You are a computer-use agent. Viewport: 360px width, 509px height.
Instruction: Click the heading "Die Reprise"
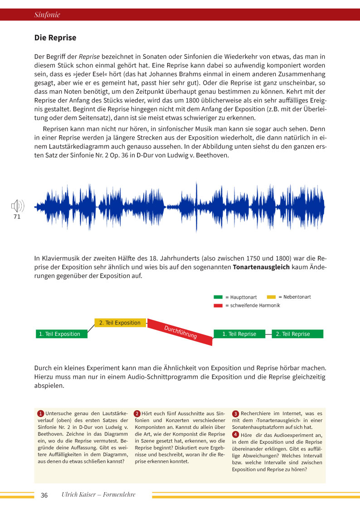[x=55, y=38]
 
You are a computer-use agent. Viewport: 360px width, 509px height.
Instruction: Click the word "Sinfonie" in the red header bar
[x=47, y=15]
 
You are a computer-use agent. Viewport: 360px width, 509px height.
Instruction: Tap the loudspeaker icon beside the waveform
[x=17, y=207]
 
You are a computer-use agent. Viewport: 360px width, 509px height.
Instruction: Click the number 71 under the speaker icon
[x=17, y=217]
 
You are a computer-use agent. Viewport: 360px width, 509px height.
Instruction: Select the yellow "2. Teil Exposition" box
[x=120, y=323]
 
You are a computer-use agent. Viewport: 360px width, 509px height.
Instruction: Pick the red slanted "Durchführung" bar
[x=180, y=332]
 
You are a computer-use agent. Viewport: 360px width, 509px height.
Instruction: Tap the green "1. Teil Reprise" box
[x=239, y=334]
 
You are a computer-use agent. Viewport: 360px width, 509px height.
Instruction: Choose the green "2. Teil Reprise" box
[x=297, y=334]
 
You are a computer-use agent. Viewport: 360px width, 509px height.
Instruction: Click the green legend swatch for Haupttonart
[x=218, y=297]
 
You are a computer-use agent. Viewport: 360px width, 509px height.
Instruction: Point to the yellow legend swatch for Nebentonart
[x=271, y=297]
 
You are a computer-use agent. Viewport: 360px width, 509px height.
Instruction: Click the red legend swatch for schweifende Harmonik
[x=218, y=305]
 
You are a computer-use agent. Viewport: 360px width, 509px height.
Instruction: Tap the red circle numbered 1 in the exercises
[x=40, y=414]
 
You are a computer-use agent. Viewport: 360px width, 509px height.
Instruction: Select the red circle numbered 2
[x=137, y=414]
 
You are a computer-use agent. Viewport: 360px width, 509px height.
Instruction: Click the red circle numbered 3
[x=235, y=414]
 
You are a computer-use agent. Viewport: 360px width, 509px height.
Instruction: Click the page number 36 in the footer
[x=44, y=495]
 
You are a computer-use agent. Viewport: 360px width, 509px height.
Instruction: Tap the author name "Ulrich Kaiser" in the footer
[x=78, y=495]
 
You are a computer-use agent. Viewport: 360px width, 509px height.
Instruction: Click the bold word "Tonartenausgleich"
[x=261, y=267]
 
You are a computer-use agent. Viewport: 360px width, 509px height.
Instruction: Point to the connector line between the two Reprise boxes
[x=268, y=334]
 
